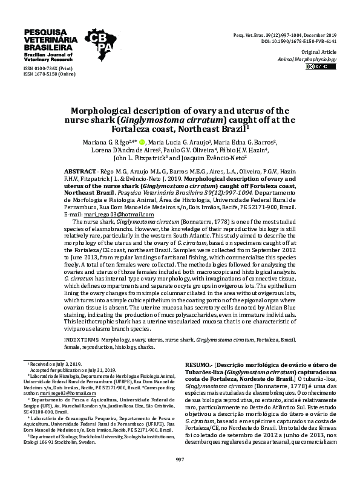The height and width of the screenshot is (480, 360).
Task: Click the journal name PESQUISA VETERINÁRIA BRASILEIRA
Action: [48, 39]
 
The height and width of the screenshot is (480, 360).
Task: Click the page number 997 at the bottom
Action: [180, 460]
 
